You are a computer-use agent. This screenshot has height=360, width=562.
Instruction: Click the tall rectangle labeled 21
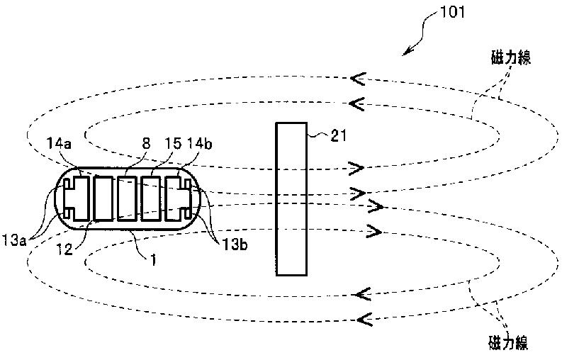[x=292, y=198]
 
